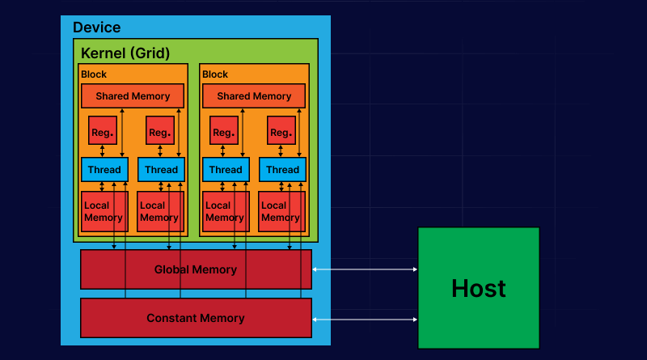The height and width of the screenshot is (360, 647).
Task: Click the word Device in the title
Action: pos(96,28)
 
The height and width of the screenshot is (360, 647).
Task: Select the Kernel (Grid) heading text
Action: pos(125,53)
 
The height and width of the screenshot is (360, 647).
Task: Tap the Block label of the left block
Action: pos(94,74)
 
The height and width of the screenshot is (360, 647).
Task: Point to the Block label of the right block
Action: pos(215,74)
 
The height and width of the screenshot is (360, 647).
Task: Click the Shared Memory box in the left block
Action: pos(133,96)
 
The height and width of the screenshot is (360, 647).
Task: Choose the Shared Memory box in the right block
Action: pos(254,96)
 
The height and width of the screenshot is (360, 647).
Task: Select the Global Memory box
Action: pos(196,269)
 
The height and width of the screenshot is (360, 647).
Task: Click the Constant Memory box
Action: pos(196,318)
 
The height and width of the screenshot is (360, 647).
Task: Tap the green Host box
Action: pos(478,288)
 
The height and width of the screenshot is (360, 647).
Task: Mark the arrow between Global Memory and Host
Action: pos(365,269)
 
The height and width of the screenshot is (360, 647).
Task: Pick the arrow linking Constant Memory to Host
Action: pos(365,320)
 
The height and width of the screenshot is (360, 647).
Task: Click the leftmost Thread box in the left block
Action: pos(104,170)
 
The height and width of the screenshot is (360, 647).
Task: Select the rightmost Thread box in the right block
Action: pos(282,170)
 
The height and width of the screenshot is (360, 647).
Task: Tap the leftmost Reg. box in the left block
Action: pos(103,131)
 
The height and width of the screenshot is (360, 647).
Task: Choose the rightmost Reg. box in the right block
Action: pos(281,131)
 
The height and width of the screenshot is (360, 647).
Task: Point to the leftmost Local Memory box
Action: pos(104,211)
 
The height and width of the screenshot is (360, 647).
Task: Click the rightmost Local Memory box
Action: pos(281,211)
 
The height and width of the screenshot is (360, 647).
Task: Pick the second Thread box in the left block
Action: pos(161,170)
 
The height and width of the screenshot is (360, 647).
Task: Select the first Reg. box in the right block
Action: pos(224,131)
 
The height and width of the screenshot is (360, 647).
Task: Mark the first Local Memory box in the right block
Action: pos(225,211)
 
